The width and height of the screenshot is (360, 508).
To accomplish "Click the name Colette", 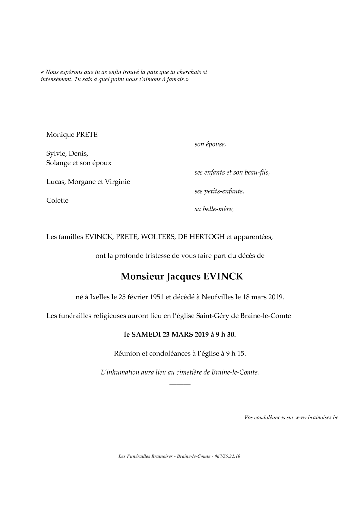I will click(x=57, y=201).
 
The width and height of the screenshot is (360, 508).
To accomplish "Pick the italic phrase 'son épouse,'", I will click(x=210, y=144).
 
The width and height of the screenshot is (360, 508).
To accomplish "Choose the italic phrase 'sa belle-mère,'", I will click(x=214, y=209).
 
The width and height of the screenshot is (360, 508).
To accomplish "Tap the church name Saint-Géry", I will click(x=211, y=316).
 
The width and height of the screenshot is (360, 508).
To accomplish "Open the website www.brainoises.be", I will click(x=317, y=418).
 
